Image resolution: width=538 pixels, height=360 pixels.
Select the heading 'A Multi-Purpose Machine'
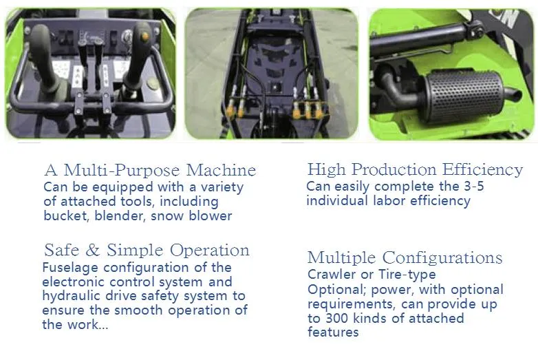(x=150, y=170)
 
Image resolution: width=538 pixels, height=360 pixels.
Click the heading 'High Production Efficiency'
(x=415, y=169)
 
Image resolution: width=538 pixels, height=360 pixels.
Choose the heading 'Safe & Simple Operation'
(x=147, y=250)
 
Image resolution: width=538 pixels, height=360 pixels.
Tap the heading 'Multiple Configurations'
(x=405, y=258)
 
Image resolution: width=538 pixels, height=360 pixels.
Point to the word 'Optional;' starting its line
(x=334, y=289)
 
